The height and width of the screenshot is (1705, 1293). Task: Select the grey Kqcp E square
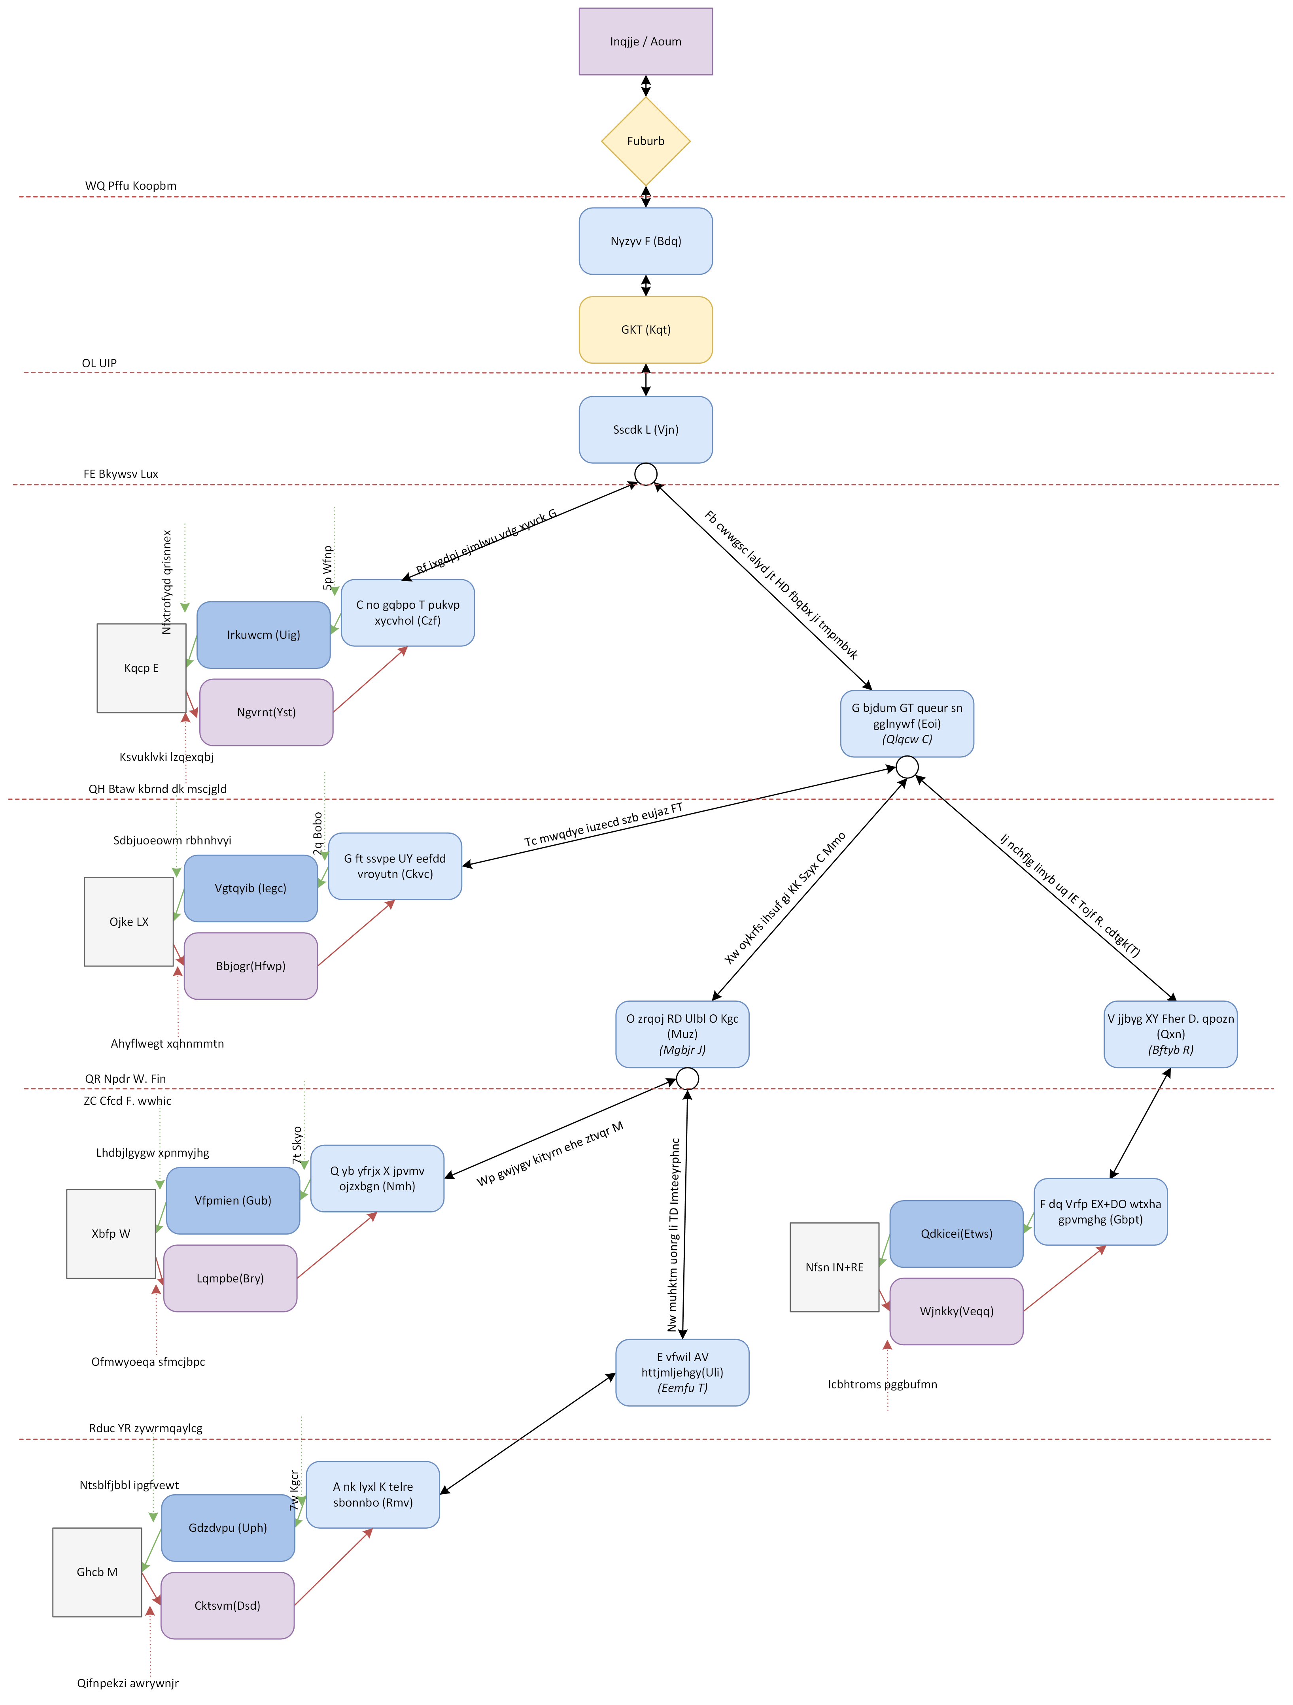point(141,668)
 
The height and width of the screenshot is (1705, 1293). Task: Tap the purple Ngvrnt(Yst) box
point(266,712)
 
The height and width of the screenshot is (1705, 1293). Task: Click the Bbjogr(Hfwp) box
point(251,966)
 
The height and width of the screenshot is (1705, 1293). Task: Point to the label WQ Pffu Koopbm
point(130,186)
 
